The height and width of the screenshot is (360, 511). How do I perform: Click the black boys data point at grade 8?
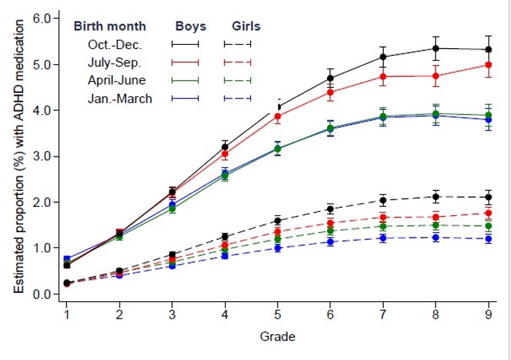point(436,48)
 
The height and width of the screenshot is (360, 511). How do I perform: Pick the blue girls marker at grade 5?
point(278,248)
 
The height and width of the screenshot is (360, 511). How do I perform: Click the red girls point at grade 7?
point(383,217)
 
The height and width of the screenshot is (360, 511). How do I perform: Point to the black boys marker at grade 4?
point(224,147)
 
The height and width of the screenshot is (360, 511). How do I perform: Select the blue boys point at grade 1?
point(66,259)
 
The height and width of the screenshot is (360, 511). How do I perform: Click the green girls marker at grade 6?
point(331,231)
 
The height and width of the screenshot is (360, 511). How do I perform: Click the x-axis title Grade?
point(278,337)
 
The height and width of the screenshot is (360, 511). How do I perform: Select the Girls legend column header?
point(246,27)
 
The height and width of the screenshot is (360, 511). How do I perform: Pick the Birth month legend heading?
point(110,27)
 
